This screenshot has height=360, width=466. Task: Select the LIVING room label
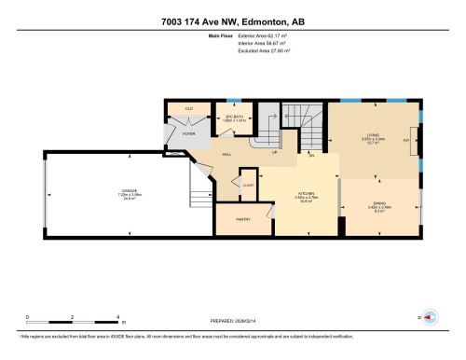tap(372, 136)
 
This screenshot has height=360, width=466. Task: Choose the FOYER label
tap(189, 133)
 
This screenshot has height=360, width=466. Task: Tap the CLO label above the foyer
tap(189, 109)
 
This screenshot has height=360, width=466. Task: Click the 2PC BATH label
tap(233, 116)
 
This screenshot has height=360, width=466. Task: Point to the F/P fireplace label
tap(406, 141)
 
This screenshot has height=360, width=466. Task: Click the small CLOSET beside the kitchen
tap(248, 186)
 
